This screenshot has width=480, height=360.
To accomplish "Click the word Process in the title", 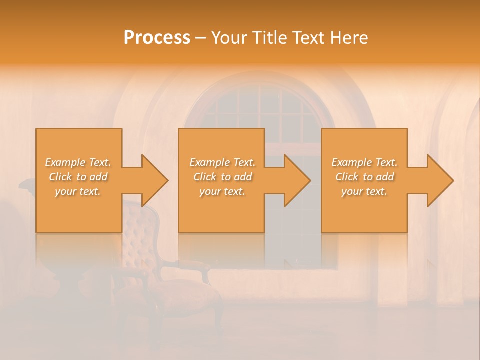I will [157, 38].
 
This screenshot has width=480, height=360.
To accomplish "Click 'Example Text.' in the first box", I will [78, 162].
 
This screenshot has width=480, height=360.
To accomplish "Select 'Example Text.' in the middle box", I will [222, 162].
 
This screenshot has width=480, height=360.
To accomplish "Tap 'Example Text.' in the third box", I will [364, 162].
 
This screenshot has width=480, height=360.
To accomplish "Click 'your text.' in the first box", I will [78, 191].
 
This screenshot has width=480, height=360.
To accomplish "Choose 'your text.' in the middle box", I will [222, 191].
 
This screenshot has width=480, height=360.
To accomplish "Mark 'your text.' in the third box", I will [364, 191].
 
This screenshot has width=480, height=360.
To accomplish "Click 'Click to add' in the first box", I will [78, 177].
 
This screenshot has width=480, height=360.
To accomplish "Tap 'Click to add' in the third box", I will [364, 177].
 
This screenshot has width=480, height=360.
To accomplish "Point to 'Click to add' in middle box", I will [222, 177].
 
